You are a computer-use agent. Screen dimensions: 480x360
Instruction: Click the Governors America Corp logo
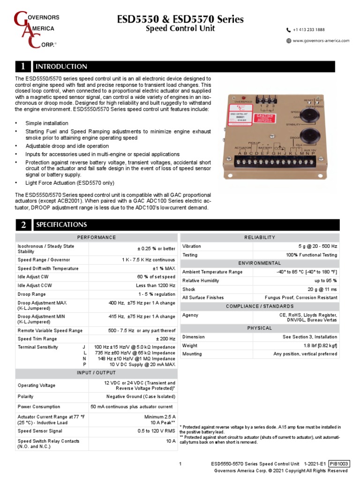(35, 30)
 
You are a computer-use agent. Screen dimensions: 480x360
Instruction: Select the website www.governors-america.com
(321, 41)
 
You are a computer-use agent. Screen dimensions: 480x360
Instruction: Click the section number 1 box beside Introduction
(22, 67)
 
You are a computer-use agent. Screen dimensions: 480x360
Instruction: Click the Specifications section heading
(61, 225)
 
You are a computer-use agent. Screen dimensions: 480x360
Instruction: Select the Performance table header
(96, 238)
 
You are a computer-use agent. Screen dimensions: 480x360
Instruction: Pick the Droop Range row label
(32, 294)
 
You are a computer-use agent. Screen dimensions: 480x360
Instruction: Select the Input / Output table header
(96, 373)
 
